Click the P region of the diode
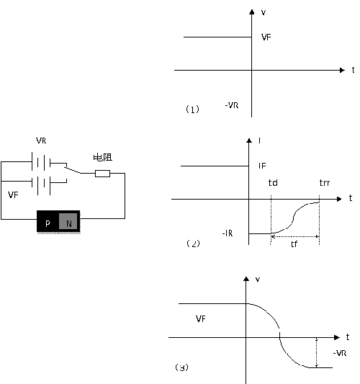point(48,221)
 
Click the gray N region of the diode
point(68,221)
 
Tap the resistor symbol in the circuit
point(102,174)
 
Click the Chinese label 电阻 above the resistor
point(103,157)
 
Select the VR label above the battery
point(41,140)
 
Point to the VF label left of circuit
point(13,195)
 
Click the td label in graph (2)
point(273,183)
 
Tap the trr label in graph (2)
point(325,183)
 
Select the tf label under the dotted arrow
point(294,244)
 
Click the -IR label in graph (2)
point(228,233)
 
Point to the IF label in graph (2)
point(262,166)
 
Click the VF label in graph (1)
point(266,37)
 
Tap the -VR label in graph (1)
point(232,105)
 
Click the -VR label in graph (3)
point(340,353)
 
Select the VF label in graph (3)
point(201,318)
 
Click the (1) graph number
point(193,110)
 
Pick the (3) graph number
point(182,367)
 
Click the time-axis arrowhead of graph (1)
point(342,71)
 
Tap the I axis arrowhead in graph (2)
point(249,140)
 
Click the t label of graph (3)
point(348,337)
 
